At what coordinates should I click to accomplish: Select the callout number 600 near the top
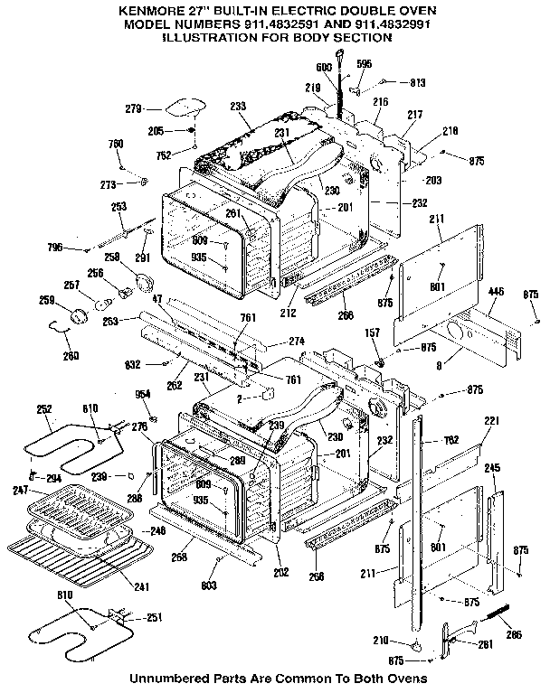coord(323,69)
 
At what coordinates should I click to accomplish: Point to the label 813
coord(417,81)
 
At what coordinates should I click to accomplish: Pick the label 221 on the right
coord(490,423)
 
